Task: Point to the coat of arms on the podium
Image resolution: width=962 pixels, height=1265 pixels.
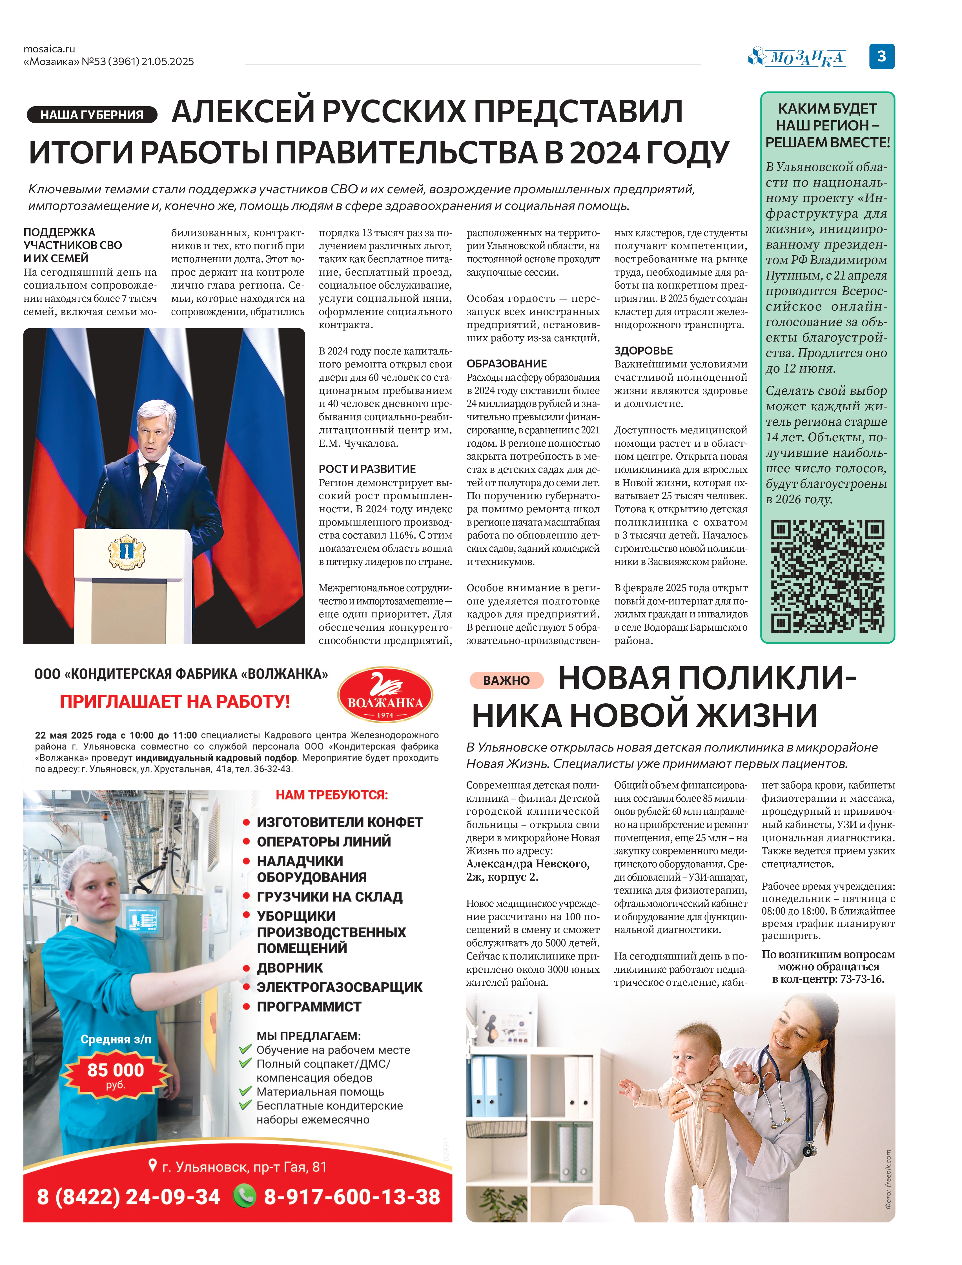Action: [127, 551]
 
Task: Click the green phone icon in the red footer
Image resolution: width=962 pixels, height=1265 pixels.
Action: [245, 1196]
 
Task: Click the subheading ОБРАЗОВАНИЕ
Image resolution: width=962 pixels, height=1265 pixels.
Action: [506, 364]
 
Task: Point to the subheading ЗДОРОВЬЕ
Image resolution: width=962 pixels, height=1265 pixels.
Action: [643, 351]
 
